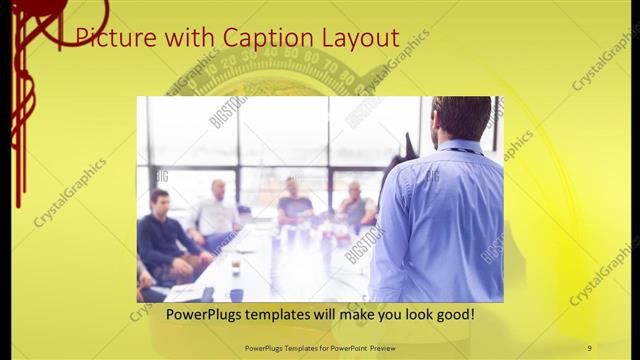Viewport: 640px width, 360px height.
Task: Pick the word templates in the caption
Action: pyautogui.click(x=287, y=315)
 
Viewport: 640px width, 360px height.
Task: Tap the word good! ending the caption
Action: pyautogui.click(x=452, y=315)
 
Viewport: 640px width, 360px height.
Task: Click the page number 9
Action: pyautogui.click(x=590, y=347)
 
